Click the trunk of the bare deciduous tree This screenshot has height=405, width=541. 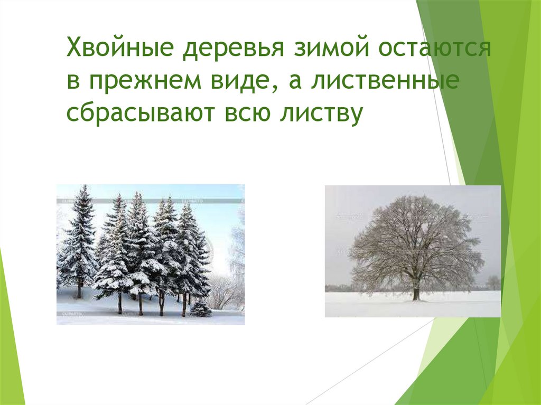point(416,290)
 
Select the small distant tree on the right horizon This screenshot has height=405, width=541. point(493,282)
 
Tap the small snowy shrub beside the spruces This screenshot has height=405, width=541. point(200,309)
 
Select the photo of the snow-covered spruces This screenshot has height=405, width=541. point(150,254)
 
